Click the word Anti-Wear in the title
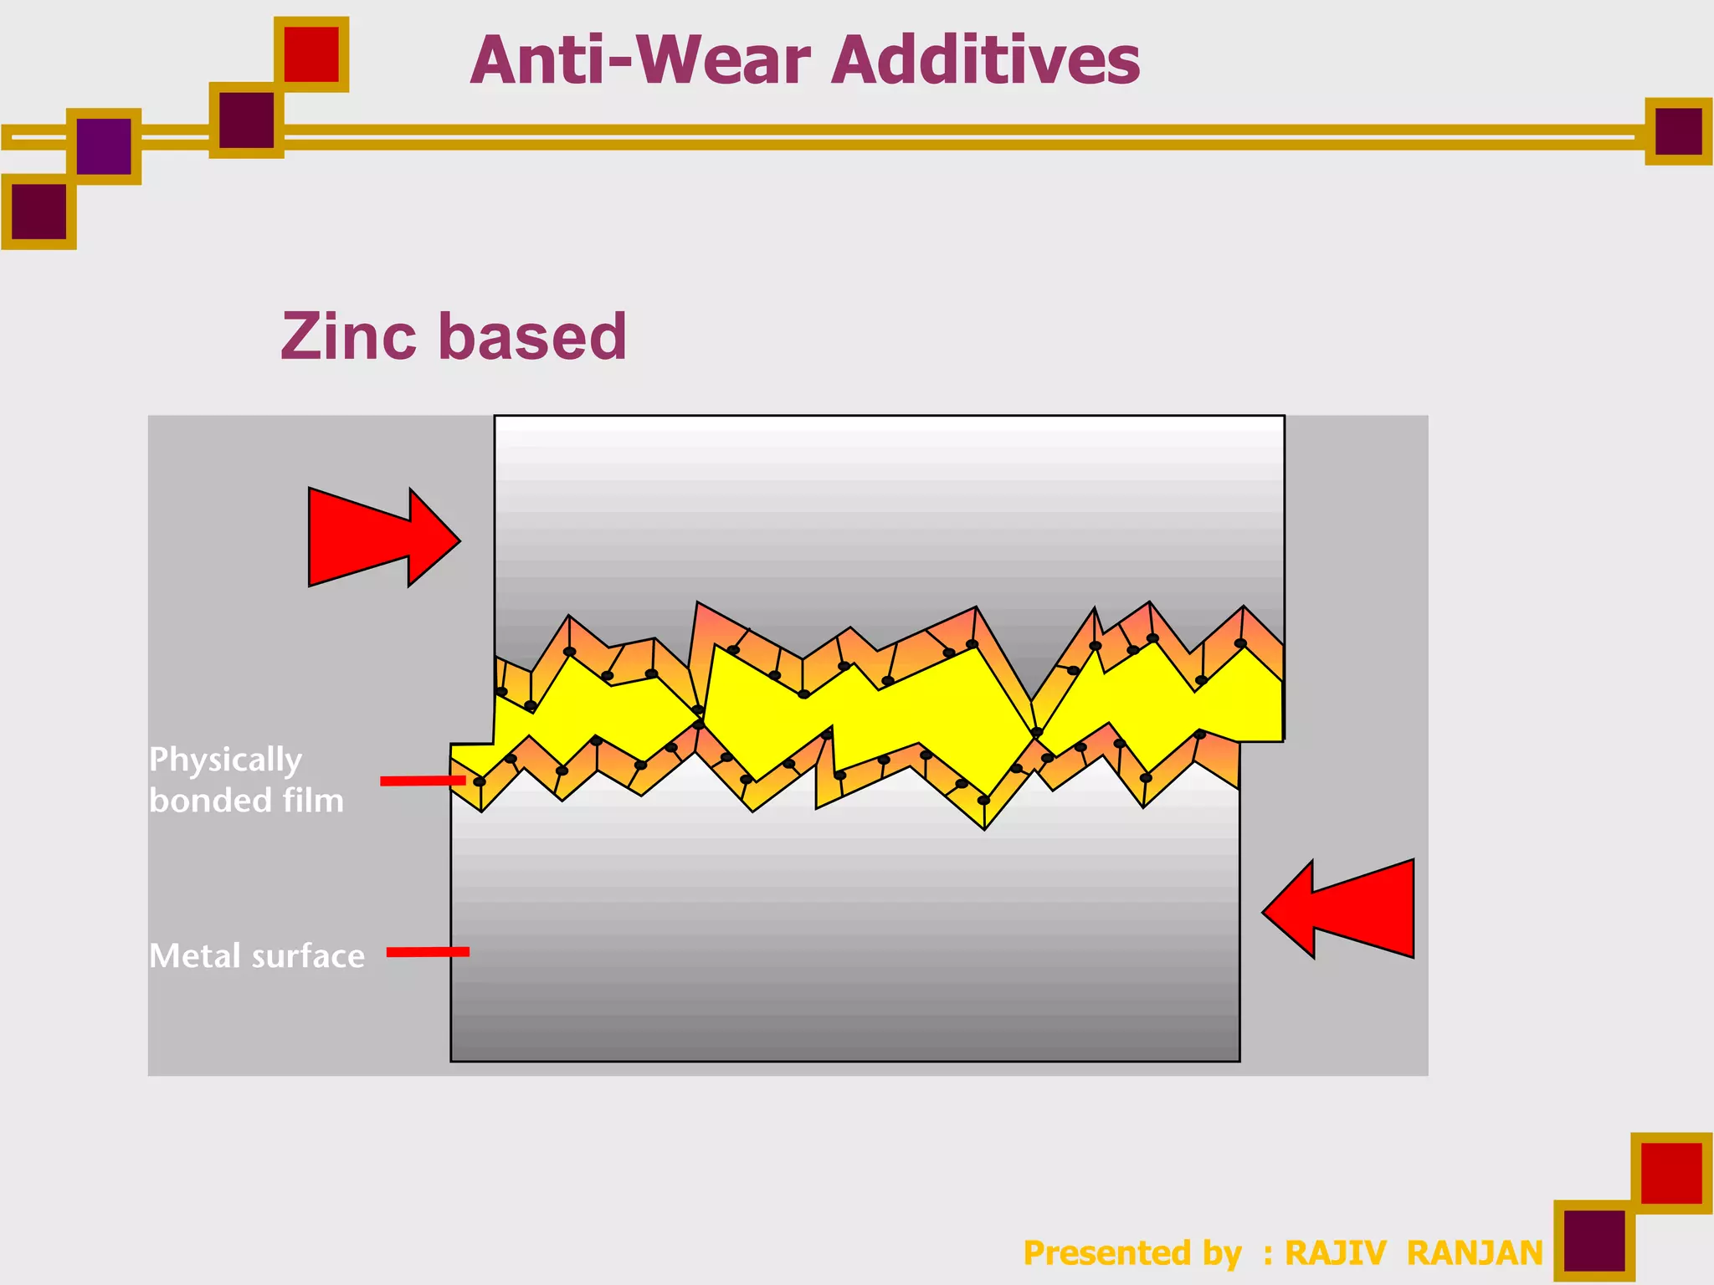coord(641,60)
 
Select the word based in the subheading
coord(532,336)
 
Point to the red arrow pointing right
coord(382,538)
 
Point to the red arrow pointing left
coord(1342,909)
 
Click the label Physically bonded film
coord(246,780)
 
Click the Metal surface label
coord(257,955)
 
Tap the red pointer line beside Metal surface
coord(428,951)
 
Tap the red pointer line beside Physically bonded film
coord(423,781)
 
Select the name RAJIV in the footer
coord(1335,1253)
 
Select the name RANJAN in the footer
coord(1475,1253)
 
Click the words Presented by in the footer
coord(1132,1253)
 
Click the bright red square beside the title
coord(311,54)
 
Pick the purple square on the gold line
coord(104,146)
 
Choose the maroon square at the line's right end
coord(1678,131)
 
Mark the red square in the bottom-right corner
coord(1671,1173)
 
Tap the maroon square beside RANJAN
coord(1593,1241)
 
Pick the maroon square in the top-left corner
coord(38,211)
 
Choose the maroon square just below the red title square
coord(246,120)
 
